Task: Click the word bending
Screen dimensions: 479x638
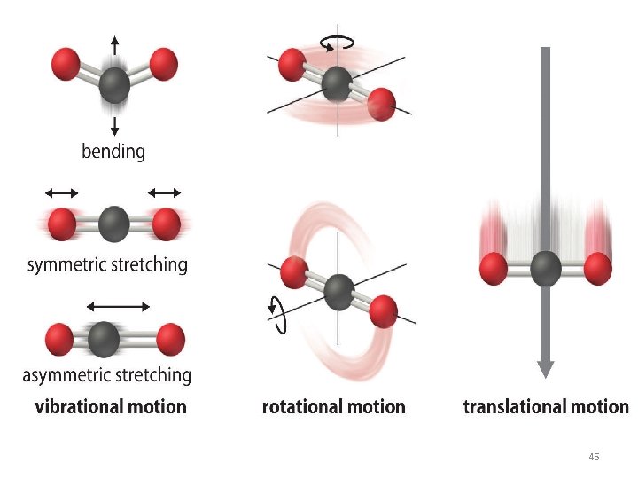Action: coord(113,152)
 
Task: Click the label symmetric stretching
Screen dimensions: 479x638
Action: coord(107,264)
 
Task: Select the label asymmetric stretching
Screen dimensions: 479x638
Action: coord(107,374)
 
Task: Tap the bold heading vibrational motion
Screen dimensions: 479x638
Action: coord(111,407)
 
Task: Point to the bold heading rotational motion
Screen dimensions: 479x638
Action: coord(334,407)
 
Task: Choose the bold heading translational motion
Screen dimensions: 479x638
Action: coord(546,407)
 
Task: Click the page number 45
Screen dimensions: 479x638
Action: coord(594,457)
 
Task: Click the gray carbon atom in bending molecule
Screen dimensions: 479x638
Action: coord(113,86)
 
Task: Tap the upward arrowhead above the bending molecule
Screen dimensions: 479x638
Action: coord(113,42)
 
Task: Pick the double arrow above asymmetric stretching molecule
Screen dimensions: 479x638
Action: coord(119,306)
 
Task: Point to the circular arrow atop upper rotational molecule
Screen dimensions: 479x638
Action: coord(338,41)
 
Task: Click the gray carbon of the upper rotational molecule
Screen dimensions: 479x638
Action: coord(337,84)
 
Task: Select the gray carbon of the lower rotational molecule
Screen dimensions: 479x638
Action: coord(338,288)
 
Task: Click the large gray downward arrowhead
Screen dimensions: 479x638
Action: coord(546,367)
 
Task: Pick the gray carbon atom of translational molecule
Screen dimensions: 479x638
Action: coord(546,268)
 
